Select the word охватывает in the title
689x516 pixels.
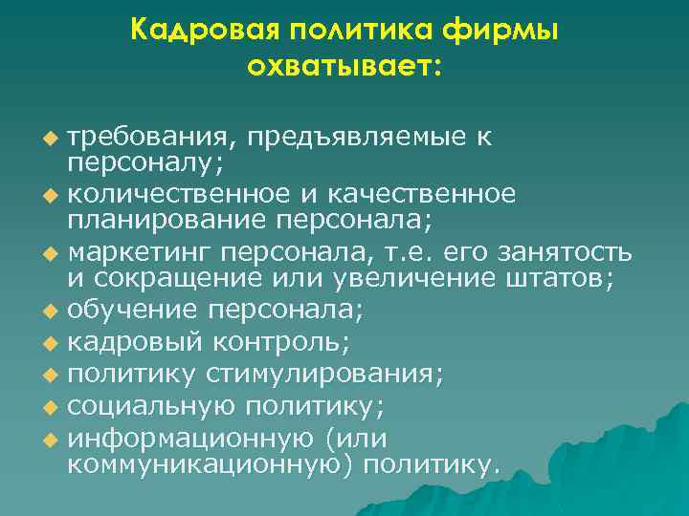pyautogui.click(x=341, y=67)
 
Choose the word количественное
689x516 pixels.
pyautogui.click(x=184, y=195)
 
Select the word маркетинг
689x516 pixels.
pyautogui.click(x=140, y=253)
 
